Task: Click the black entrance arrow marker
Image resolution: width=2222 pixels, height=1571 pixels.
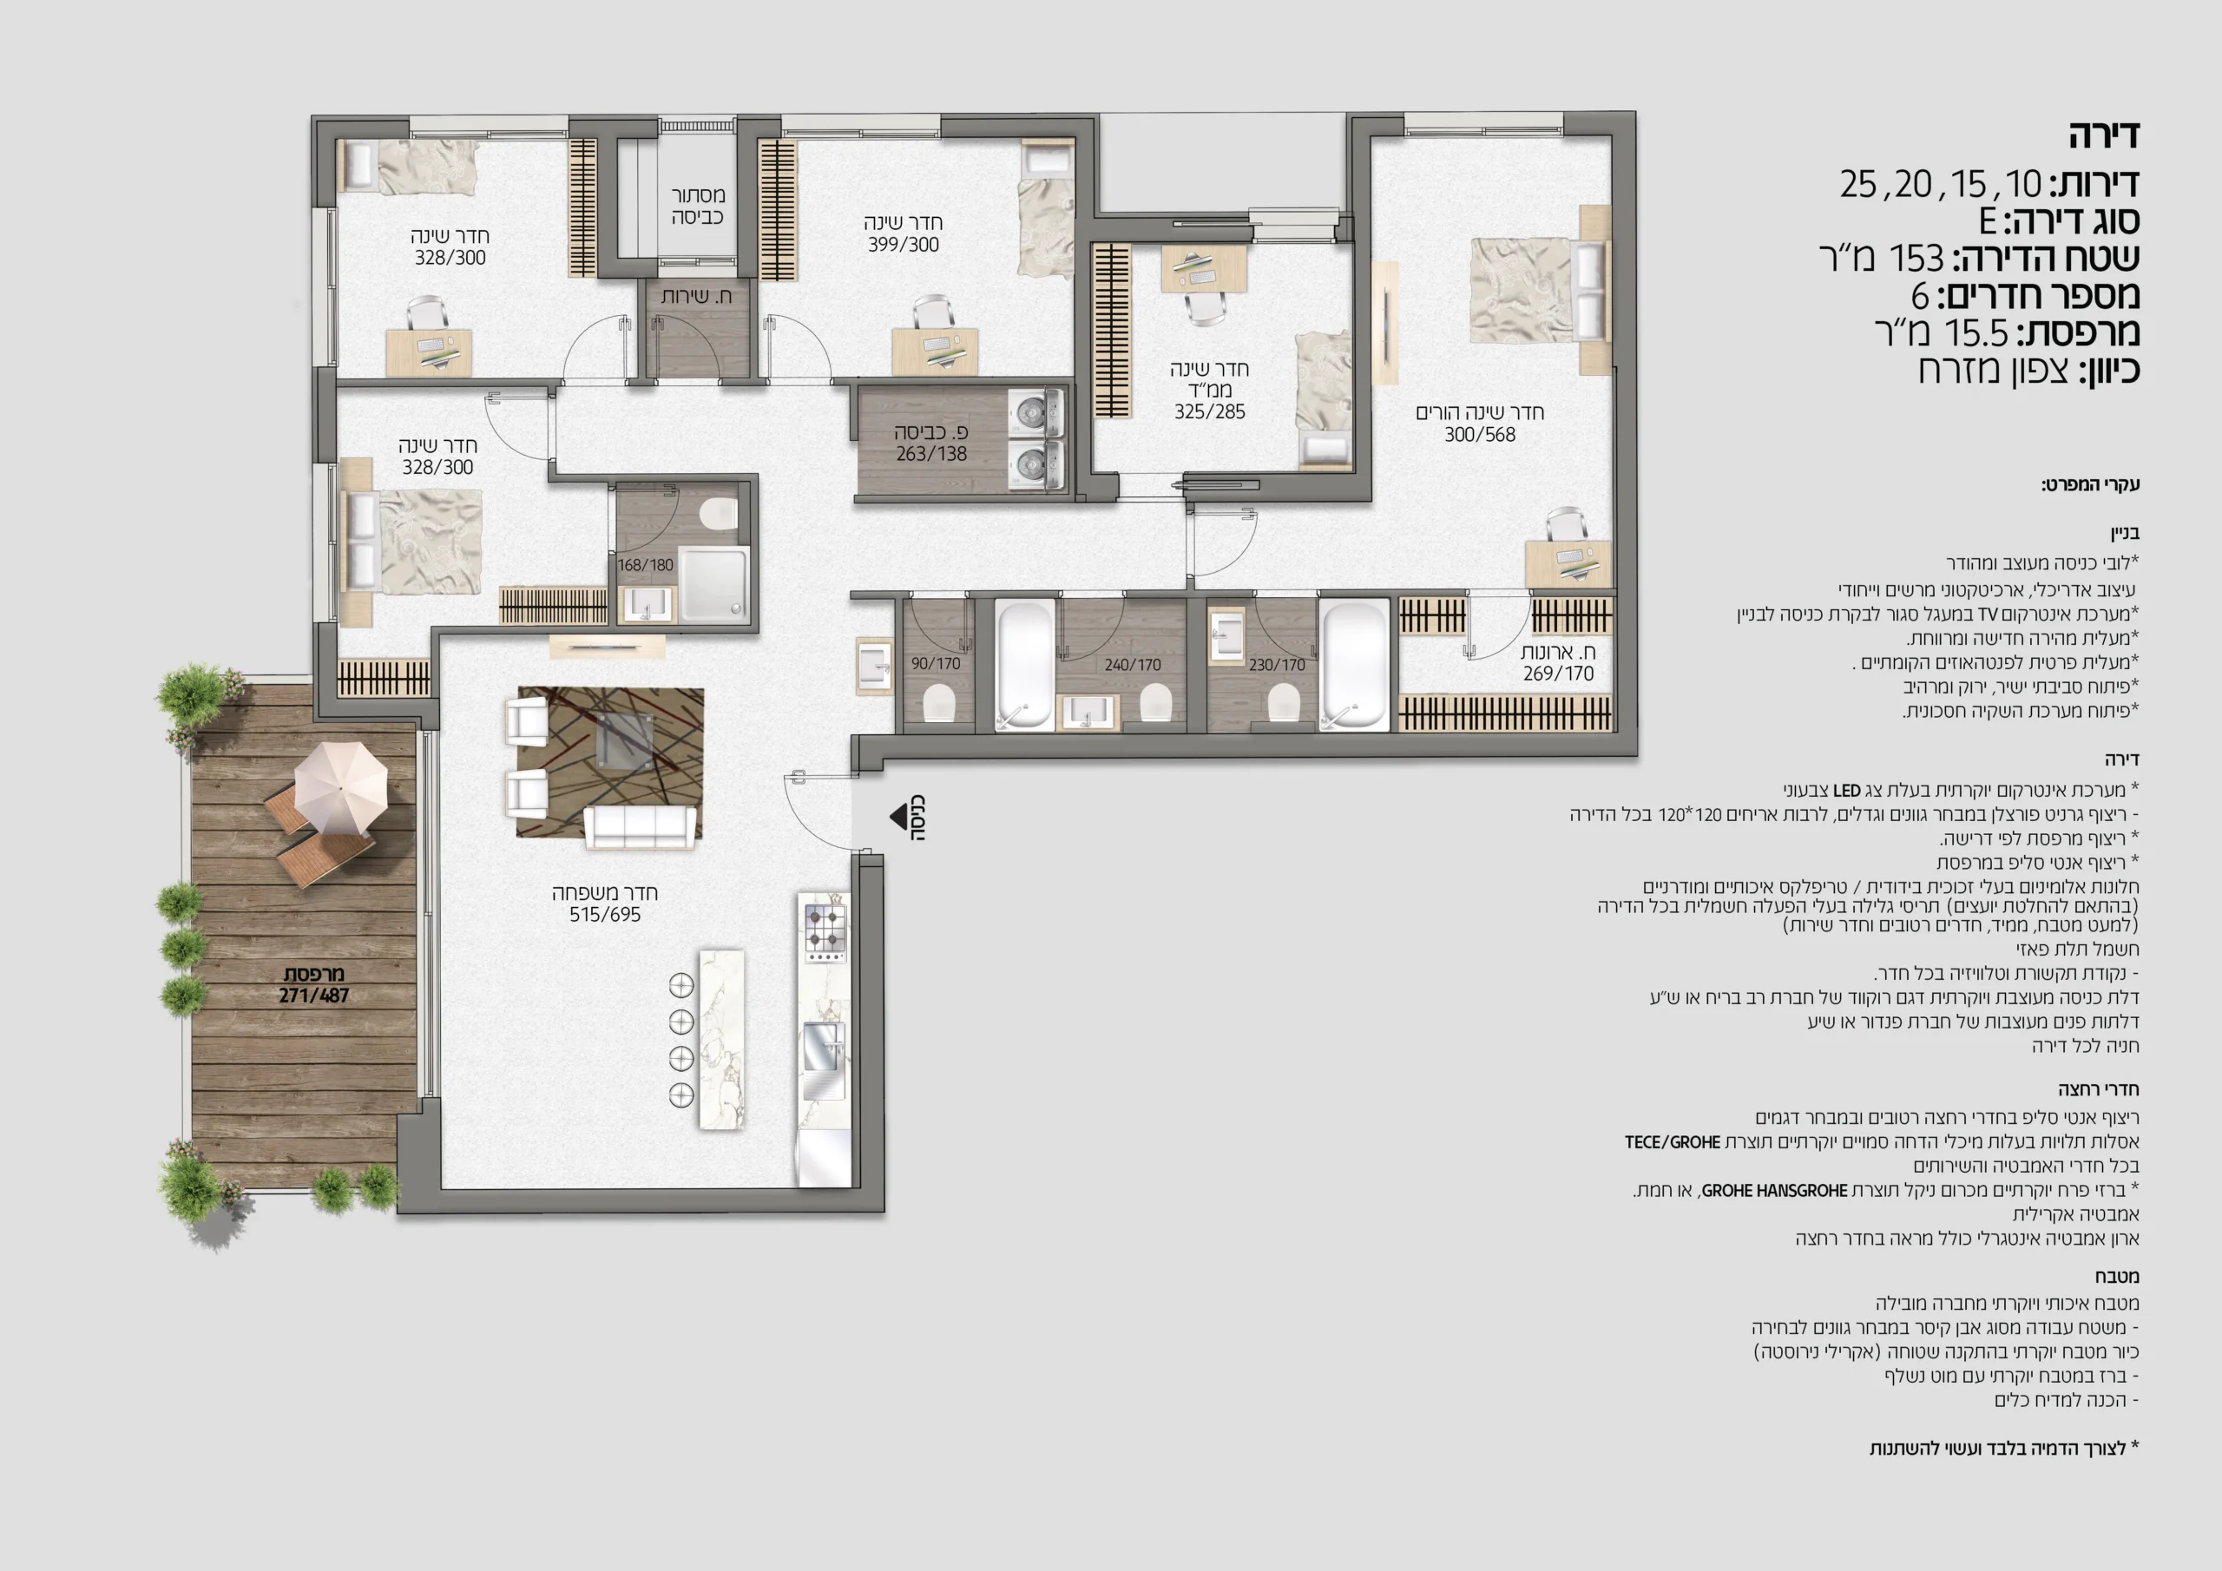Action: [898, 816]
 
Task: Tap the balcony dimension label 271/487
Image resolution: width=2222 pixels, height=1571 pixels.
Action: [313, 995]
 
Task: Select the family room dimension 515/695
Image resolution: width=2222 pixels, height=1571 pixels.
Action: [605, 915]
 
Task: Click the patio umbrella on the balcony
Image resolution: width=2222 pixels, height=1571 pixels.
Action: [339, 788]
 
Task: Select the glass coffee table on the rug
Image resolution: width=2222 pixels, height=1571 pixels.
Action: [624, 741]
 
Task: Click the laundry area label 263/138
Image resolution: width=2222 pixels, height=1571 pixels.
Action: [931, 453]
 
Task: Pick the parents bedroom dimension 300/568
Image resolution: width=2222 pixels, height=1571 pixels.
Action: [1480, 435]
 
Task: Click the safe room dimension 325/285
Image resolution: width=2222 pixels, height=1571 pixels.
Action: [1210, 411]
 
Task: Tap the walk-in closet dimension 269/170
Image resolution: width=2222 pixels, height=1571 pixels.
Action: [1558, 673]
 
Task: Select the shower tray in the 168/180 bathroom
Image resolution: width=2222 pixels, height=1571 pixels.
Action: [714, 585]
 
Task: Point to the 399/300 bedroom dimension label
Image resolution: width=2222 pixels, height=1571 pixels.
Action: [903, 245]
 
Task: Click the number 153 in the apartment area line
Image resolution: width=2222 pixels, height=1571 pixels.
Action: [1916, 259]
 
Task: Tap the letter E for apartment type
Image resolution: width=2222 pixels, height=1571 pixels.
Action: [1988, 221]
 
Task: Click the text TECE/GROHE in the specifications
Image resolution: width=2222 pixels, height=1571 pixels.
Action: [1673, 1142]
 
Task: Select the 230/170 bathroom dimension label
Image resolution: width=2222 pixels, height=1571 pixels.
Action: [1277, 665]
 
